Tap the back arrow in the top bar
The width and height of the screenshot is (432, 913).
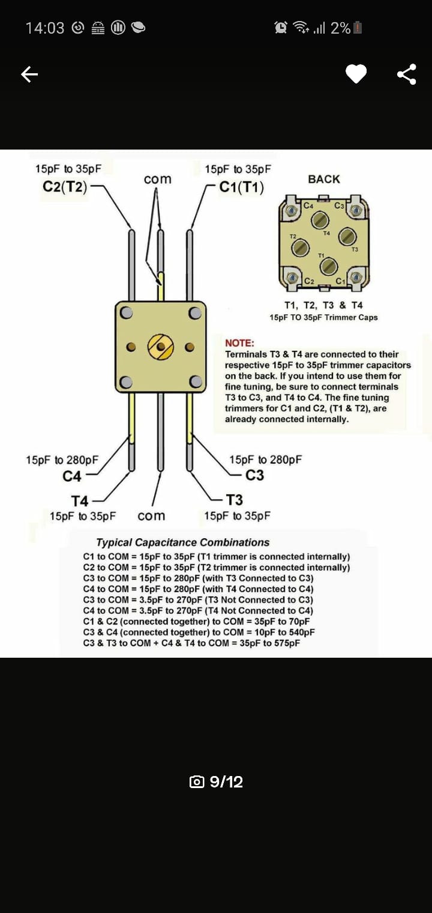29,74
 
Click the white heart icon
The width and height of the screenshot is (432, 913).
356,74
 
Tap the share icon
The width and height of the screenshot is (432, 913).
407,74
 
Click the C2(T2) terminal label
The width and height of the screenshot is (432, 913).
65,187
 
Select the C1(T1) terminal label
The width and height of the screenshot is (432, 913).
242,187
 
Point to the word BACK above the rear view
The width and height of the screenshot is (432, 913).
323,180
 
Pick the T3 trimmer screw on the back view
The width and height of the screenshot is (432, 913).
348,237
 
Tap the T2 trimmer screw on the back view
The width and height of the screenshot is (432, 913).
301,247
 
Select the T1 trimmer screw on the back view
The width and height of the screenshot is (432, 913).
329,267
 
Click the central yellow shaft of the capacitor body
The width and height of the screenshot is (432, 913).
161,347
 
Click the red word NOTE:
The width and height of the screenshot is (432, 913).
239,343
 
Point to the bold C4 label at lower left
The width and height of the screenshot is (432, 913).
72,476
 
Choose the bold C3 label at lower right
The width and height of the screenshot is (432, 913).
254,475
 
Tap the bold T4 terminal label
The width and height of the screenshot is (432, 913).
79,500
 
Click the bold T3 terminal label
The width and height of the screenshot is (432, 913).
234,500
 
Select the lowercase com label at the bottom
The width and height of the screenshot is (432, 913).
151,517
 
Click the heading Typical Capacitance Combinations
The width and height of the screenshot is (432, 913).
183,542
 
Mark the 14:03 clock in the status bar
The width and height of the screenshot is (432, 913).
45,28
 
